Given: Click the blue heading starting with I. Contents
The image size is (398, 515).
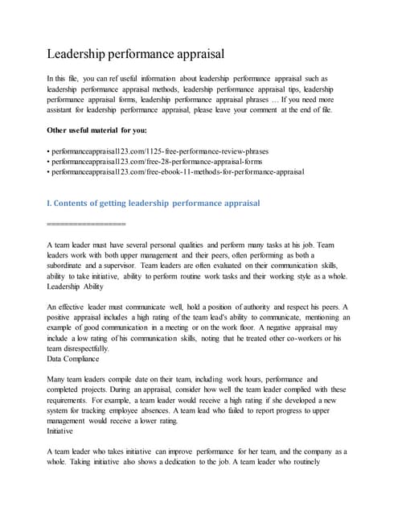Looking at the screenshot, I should (154, 203).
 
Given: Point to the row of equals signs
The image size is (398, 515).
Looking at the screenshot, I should (87, 223).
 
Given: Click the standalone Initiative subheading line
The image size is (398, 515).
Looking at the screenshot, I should (61, 431).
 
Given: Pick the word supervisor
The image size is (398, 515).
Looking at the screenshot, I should (117, 265).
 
